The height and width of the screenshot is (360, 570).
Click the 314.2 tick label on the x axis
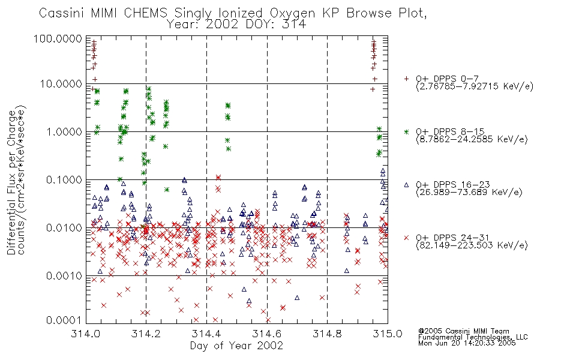(146, 334)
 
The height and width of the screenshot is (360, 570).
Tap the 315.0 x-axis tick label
(388, 334)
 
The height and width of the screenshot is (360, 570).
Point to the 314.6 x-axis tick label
(267, 334)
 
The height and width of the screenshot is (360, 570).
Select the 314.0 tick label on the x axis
(86, 334)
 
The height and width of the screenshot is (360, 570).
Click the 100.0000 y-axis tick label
(58, 38)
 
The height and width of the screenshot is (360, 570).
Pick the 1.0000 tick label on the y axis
(64, 131)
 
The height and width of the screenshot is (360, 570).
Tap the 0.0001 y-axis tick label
(64, 320)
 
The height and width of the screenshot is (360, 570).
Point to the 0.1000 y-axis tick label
(64, 179)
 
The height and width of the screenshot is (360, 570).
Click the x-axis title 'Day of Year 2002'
(236, 346)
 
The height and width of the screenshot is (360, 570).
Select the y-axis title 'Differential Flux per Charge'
(12, 182)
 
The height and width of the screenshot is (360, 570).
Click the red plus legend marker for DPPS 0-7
(406, 79)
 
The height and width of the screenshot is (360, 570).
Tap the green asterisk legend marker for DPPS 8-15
(406, 131)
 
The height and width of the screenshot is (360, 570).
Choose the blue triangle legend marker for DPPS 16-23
(406, 185)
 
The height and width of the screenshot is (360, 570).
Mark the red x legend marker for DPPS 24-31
(406, 238)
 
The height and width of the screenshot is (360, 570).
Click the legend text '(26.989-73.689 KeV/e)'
(469, 193)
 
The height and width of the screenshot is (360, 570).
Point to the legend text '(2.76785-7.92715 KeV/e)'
(475, 86)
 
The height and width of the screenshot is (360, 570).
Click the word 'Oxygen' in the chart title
(293, 14)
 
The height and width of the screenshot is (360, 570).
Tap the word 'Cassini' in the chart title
(62, 13)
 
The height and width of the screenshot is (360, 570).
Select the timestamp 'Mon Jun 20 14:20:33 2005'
(467, 343)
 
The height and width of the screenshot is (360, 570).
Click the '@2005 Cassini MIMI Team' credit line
(463, 331)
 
